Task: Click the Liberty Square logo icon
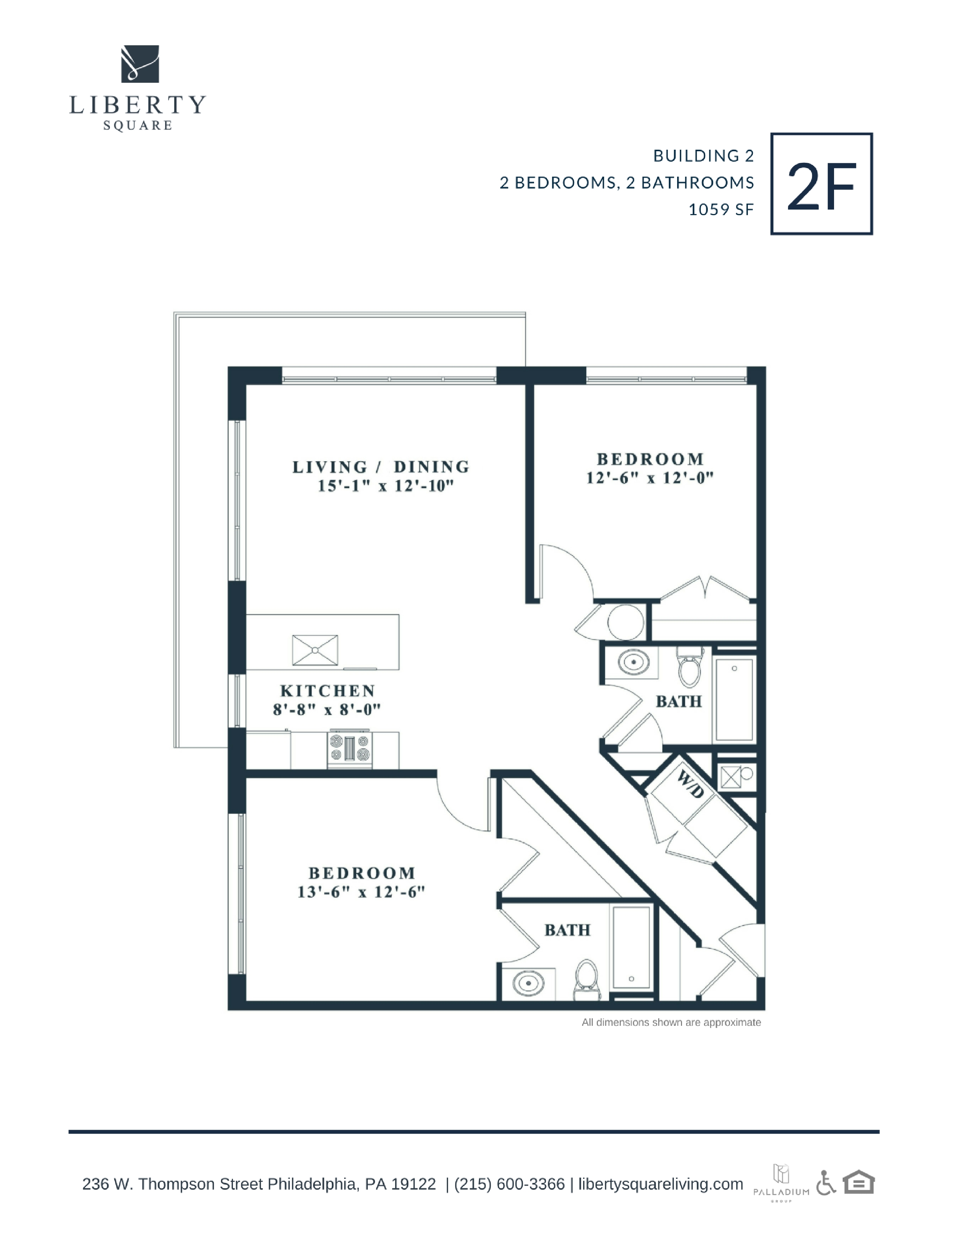(140, 64)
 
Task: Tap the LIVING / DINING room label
(381, 467)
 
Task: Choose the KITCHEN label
(328, 691)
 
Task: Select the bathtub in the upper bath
(734, 699)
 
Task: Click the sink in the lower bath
(528, 984)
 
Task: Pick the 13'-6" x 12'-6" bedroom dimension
(361, 892)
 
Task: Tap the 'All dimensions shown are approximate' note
(671, 1022)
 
